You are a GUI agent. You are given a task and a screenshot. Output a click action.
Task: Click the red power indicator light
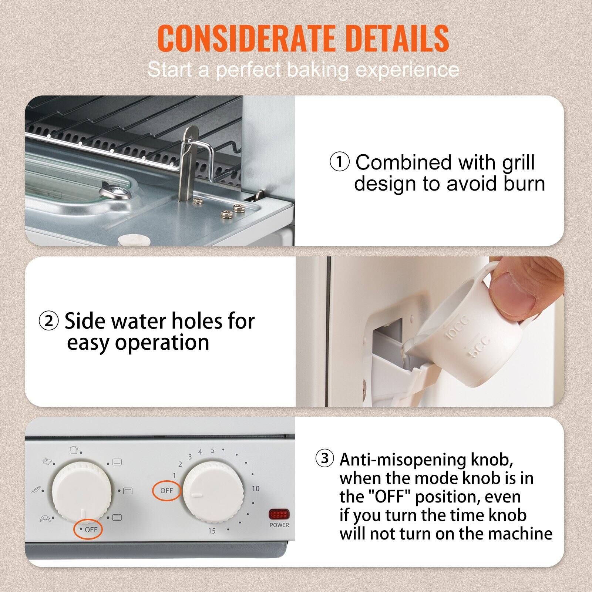pos(279,514)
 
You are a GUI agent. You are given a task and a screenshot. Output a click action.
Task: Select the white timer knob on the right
pos(213,490)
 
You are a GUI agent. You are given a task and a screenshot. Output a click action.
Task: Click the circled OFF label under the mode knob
pos(89,529)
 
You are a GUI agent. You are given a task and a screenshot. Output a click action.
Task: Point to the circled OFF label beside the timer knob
pos(166,491)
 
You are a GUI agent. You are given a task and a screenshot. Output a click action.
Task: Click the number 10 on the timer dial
pos(256,489)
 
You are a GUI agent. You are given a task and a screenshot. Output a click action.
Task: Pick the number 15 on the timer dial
pos(212,531)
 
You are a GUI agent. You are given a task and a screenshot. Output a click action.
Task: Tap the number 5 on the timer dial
pos(213,450)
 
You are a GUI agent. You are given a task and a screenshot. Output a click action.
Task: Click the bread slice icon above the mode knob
pos(74,450)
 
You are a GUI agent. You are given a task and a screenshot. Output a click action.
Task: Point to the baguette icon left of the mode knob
pos(36,491)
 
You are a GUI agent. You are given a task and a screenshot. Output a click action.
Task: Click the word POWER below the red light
pos(279,525)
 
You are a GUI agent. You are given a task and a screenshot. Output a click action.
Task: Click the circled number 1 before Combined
pos(339,162)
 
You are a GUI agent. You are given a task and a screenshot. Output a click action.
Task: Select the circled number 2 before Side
pos(49,321)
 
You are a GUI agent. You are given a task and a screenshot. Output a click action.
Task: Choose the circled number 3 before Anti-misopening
pos(324,458)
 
